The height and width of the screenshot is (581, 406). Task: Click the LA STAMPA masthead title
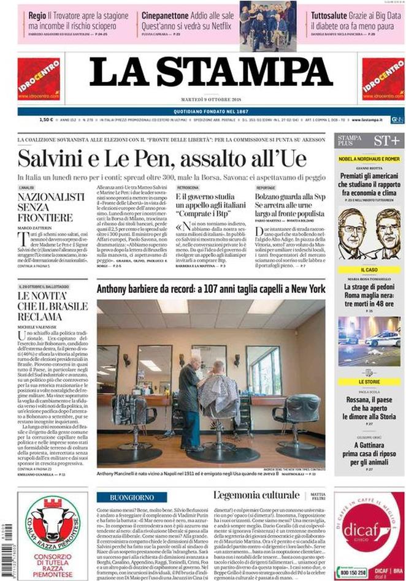coord(211,73)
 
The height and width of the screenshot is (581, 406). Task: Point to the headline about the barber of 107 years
coord(210,289)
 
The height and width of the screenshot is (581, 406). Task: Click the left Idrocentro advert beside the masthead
coord(38,79)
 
